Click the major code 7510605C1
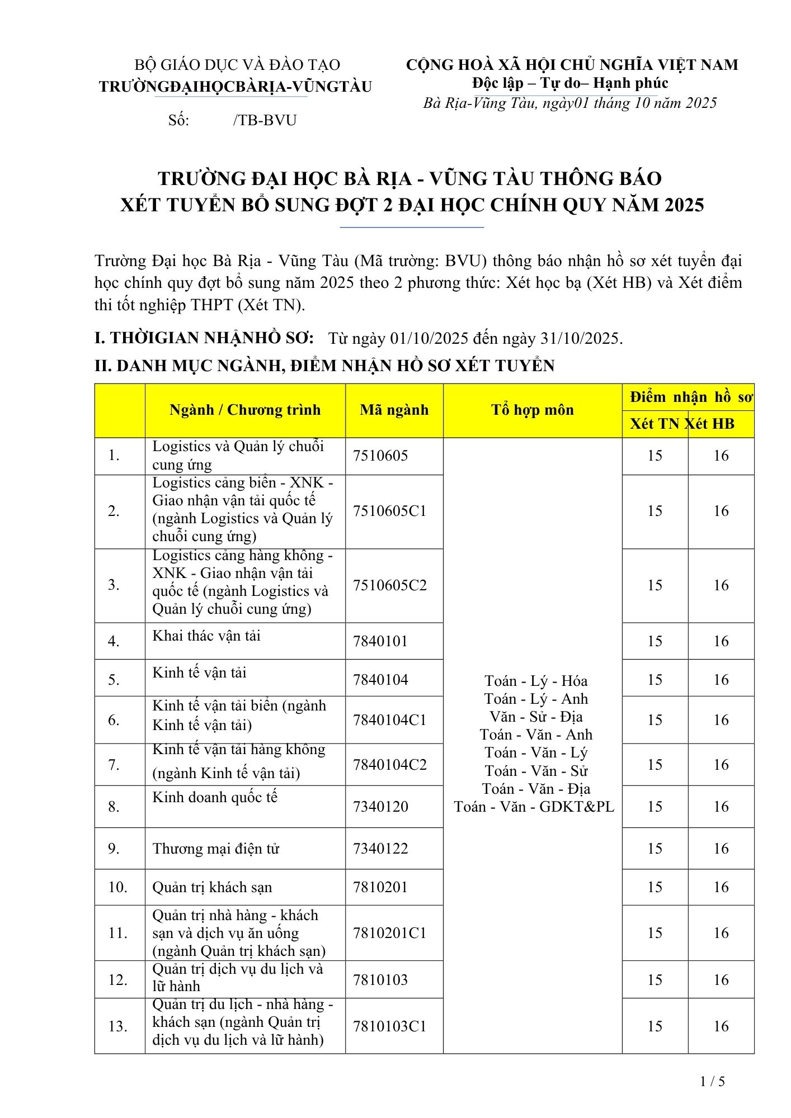(389, 511)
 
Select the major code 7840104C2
(389, 764)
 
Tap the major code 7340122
(380, 848)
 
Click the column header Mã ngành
(394, 410)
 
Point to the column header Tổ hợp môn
(533, 410)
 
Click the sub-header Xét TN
(655, 424)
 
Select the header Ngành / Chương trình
(245, 410)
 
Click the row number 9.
(114, 849)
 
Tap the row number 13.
(118, 1026)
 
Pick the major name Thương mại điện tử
(216, 849)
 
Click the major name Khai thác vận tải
(206, 636)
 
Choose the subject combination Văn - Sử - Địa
(536, 717)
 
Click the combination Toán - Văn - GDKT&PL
(534, 807)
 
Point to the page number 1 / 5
(713, 1081)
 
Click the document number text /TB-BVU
(265, 120)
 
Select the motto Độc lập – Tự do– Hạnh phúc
(570, 83)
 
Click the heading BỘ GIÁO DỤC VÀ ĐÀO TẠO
(237, 65)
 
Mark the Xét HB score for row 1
(721, 456)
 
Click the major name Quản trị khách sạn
(212, 887)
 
